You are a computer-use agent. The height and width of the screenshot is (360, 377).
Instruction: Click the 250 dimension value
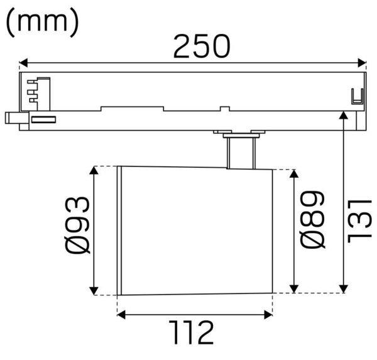coord(202,46)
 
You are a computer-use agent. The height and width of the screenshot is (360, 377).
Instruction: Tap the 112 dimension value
coord(191,332)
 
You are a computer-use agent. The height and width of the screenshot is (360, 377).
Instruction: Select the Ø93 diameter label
coord(77,226)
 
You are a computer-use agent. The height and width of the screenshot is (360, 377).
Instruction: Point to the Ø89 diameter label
coord(312,219)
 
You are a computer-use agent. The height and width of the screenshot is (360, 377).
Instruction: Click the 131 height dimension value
coord(359,221)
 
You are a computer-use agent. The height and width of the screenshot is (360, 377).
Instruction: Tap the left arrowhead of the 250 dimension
coord(23,63)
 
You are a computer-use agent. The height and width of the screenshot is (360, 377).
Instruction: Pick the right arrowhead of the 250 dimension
coord(362,63)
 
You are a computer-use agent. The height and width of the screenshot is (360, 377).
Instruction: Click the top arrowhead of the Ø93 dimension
coord(94,170)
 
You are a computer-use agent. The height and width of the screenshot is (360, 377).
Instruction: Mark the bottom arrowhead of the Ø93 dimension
coord(94,291)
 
